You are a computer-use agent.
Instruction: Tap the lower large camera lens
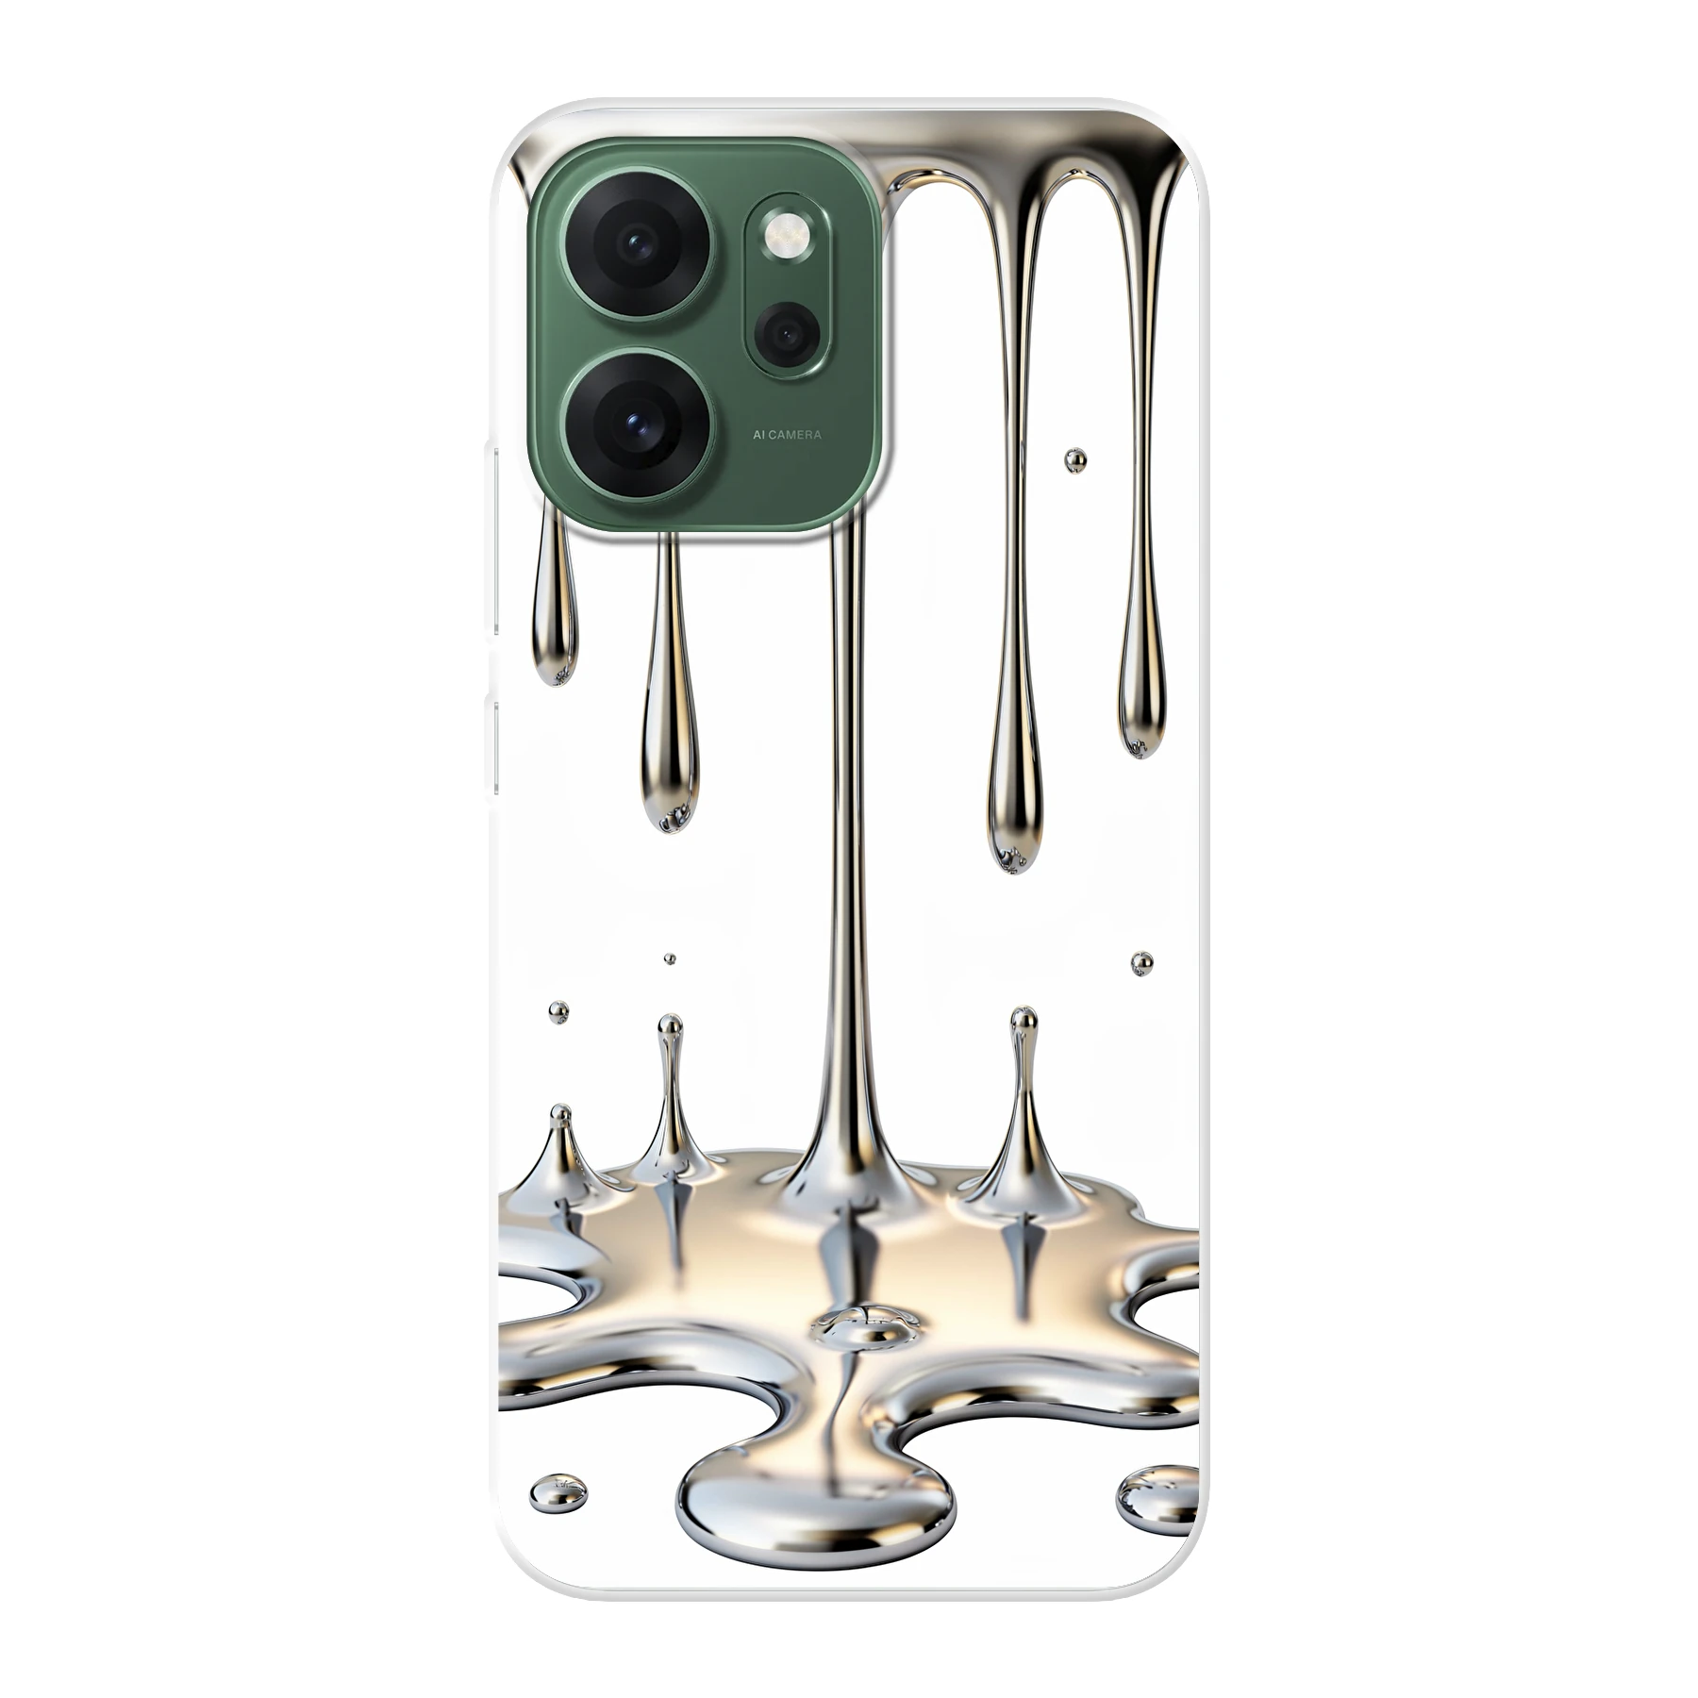tap(638, 425)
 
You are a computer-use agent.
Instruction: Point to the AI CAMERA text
tap(787, 435)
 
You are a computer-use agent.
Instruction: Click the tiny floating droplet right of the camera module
tap(1075, 460)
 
